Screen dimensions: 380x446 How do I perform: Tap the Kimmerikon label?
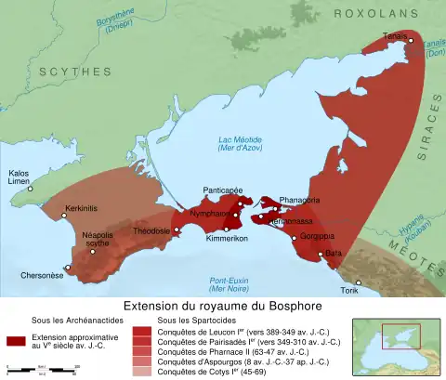(x=225, y=239)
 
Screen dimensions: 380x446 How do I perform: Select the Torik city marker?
(x=359, y=282)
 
